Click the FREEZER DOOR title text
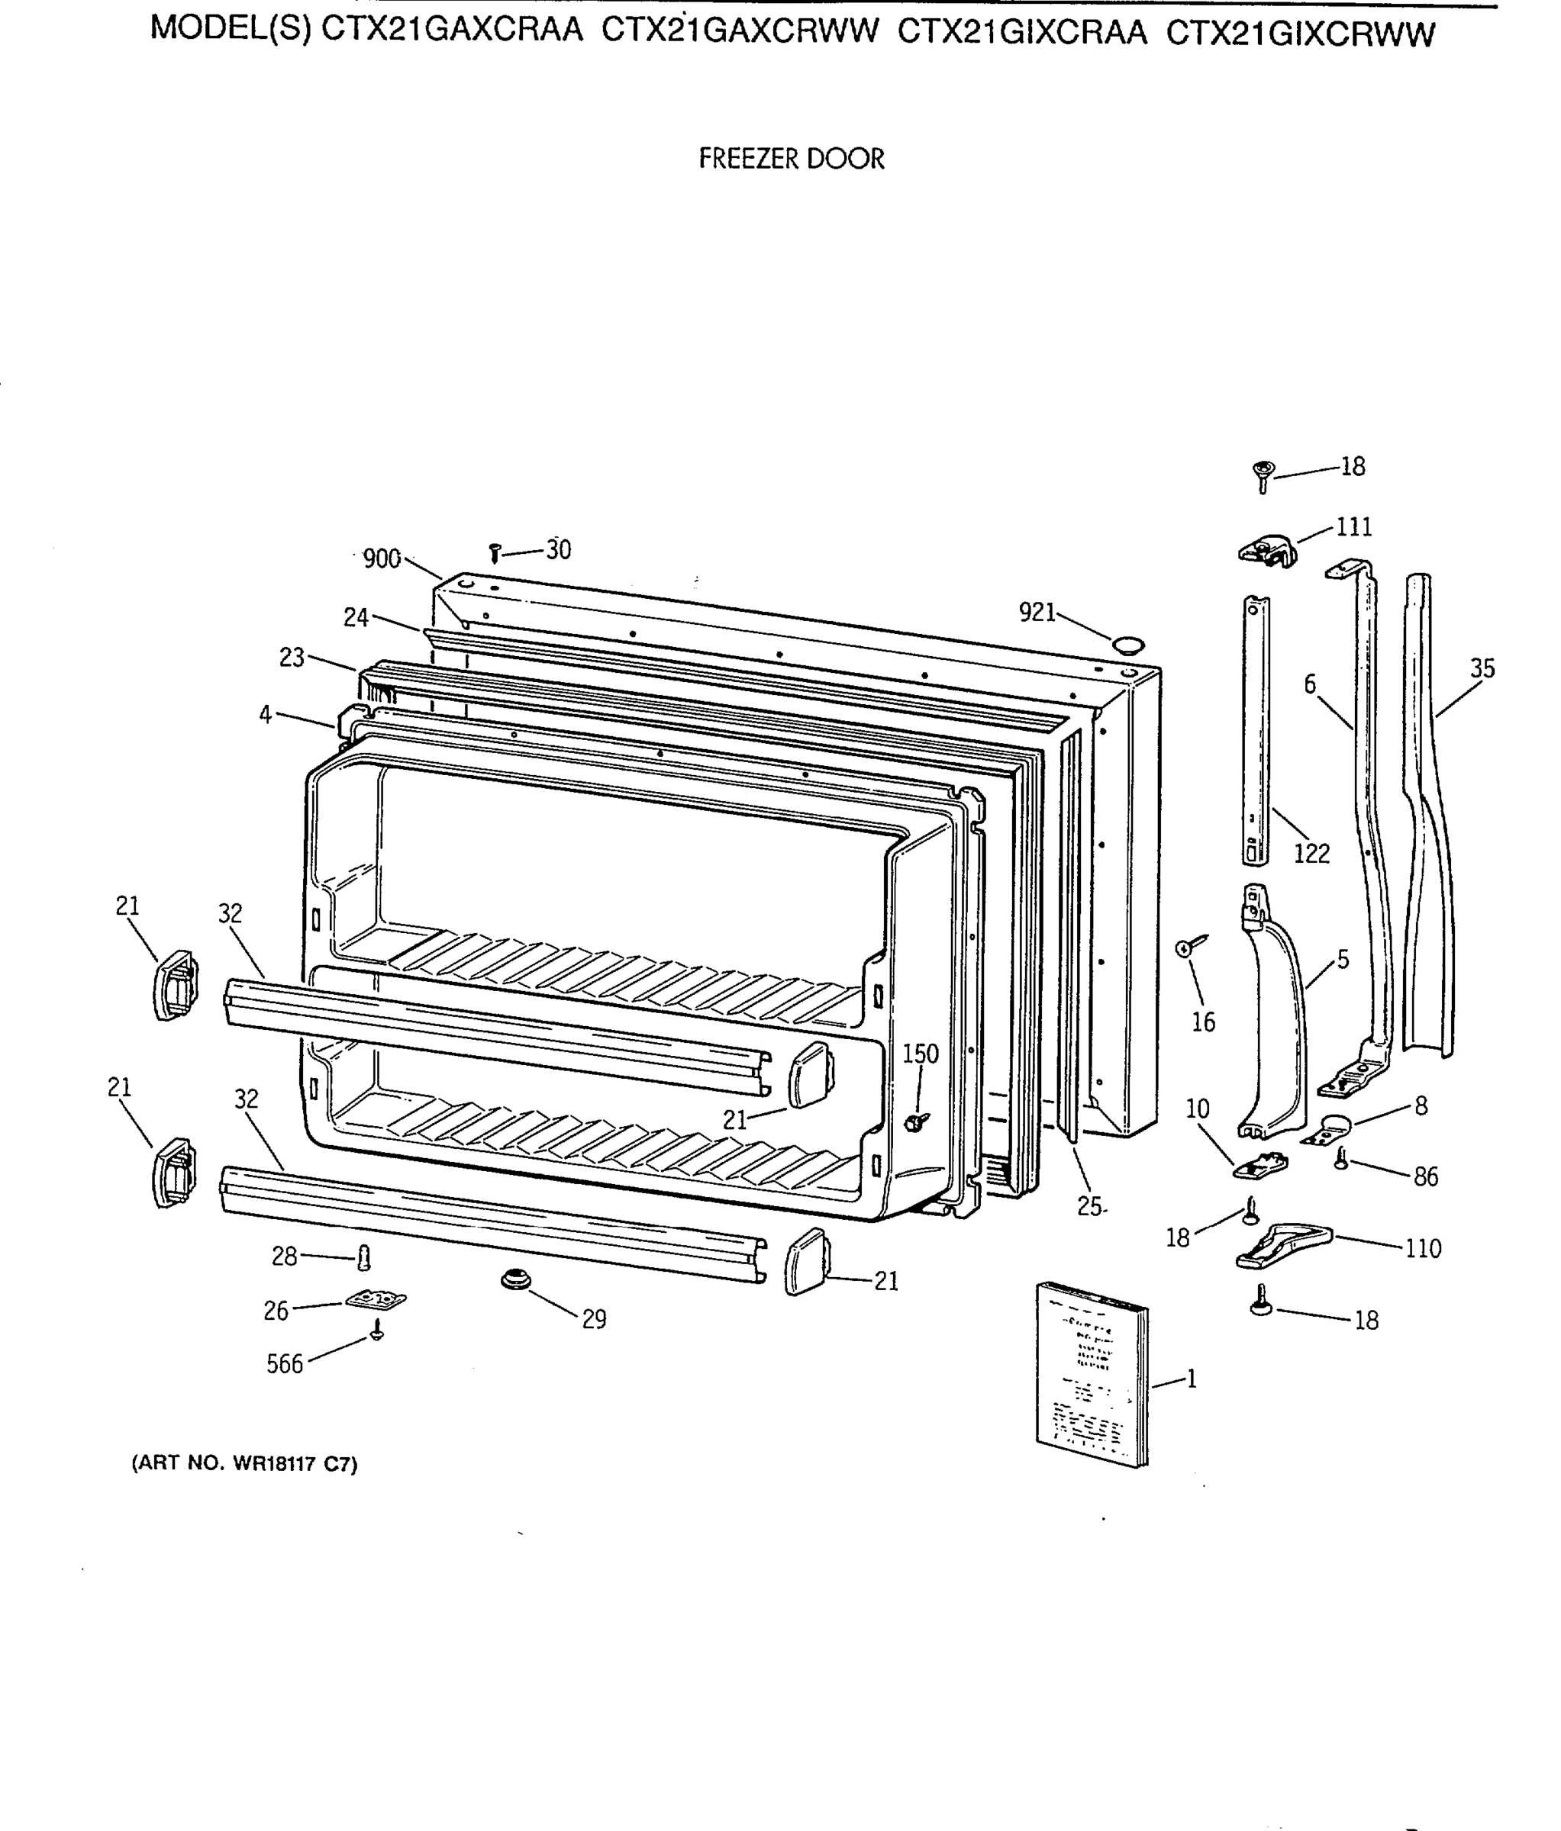coord(791,159)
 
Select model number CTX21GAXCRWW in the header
coord(740,33)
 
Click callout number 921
coord(1037,612)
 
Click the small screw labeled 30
coord(495,553)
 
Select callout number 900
coord(382,558)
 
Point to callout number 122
coord(1311,853)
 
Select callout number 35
coord(1482,669)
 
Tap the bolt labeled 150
coord(918,1121)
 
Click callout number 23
coord(292,658)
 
